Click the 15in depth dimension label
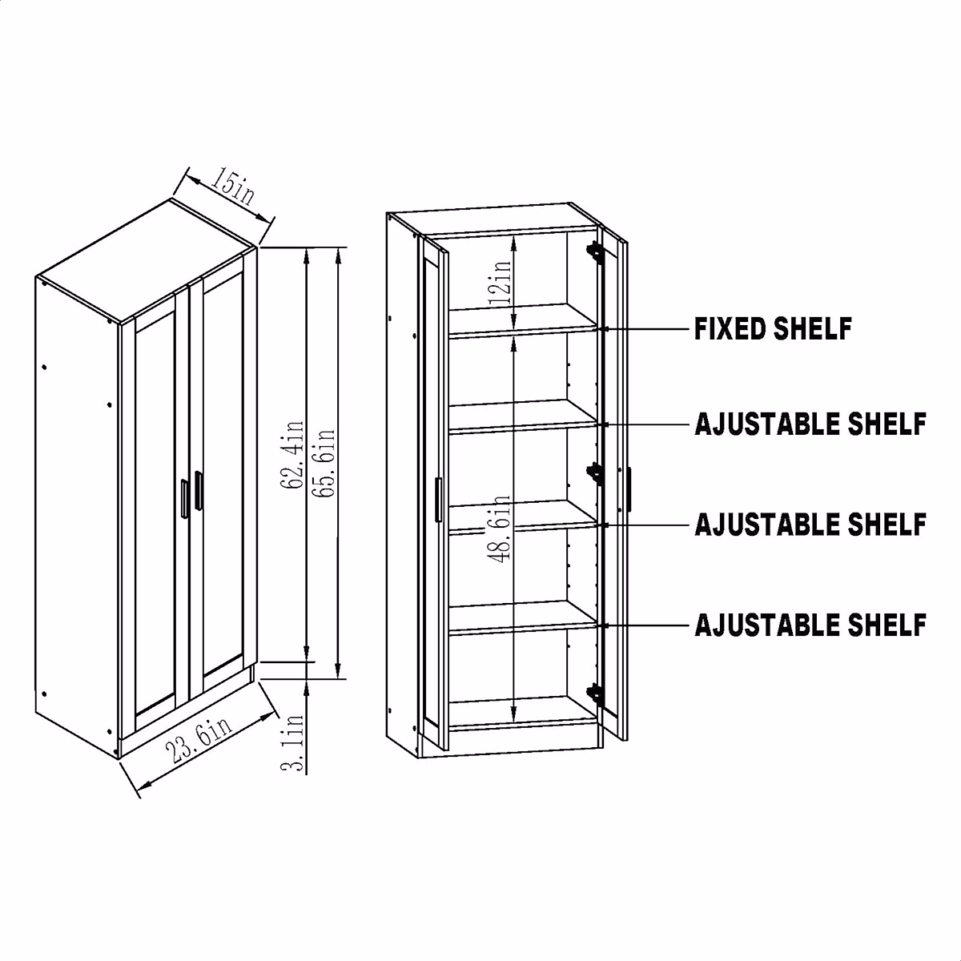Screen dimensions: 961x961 click(231, 189)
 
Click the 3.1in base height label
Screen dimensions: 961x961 click(294, 743)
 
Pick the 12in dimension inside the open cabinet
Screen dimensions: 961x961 click(502, 279)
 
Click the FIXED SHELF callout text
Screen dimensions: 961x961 click(773, 328)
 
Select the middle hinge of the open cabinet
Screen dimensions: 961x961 click(594, 472)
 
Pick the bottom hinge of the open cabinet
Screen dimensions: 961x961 click(594, 693)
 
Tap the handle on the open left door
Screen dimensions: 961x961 click(437, 501)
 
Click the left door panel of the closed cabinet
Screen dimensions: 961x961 click(155, 513)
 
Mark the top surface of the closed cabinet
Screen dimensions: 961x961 click(148, 260)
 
